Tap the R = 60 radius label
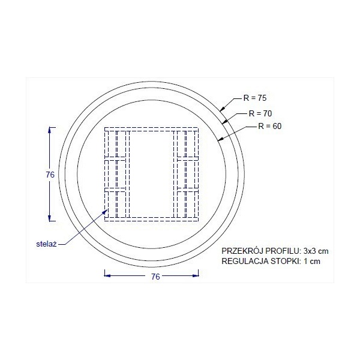click(269, 127)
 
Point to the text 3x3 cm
click(315, 250)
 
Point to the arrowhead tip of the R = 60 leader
click(218, 142)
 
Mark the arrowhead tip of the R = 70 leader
click(226, 123)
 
